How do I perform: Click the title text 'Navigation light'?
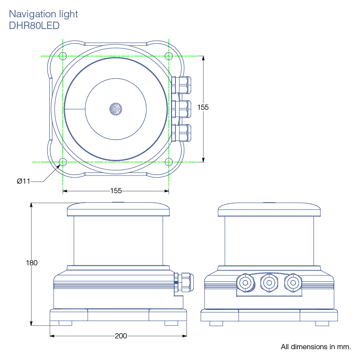click(x=43, y=14)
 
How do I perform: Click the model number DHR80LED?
click(x=34, y=25)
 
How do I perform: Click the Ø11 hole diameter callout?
click(x=23, y=181)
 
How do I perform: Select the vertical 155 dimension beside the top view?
click(x=203, y=107)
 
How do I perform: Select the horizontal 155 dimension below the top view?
click(x=116, y=191)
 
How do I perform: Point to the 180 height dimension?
click(x=32, y=263)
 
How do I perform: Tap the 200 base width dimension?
click(x=121, y=336)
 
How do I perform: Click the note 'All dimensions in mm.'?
click(x=315, y=347)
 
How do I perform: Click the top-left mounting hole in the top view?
click(x=63, y=56)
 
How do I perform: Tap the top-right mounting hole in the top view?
click(x=169, y=56)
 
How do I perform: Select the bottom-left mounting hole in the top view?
click(x=63, y=162)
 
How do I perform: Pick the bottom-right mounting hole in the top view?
click(x=169, y=162)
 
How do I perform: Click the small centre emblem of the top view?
click(x=115, y=108)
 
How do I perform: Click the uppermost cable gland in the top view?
click(x=181, y=85)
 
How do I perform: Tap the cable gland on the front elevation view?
click(x=183, y=282)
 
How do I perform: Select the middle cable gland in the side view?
click(x=269, y=283)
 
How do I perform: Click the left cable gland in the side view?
click(x=245, y=283)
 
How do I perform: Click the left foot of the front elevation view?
click(x=65, y=323)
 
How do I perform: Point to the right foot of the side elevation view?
click(x=322, y=323)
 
